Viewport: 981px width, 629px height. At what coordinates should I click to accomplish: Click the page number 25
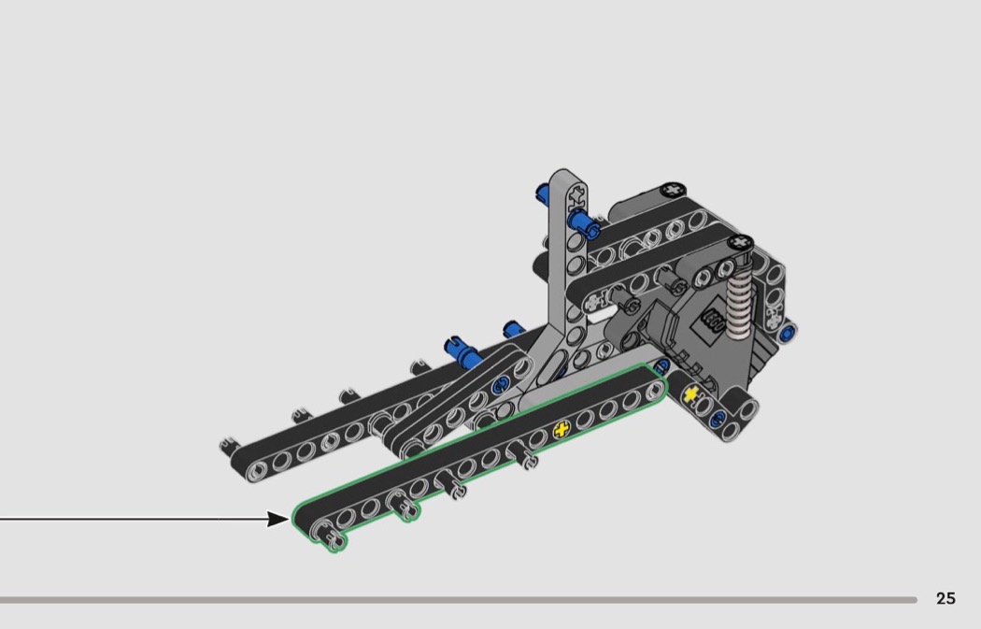(x=945, y=599)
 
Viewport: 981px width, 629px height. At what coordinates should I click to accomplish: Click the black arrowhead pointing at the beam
(x=279, y=519)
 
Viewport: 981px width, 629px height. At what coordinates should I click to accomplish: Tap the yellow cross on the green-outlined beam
(x=562, y=429)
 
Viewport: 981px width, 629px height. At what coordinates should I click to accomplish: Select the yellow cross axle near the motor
(x=690, y=394)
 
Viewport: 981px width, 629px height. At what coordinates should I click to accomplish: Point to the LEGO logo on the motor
(x=713, y=322)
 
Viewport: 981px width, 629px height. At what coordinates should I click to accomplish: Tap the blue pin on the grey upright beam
(x=583, y=222)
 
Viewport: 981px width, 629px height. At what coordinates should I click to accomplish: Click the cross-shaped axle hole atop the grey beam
(x=576, y=198)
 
